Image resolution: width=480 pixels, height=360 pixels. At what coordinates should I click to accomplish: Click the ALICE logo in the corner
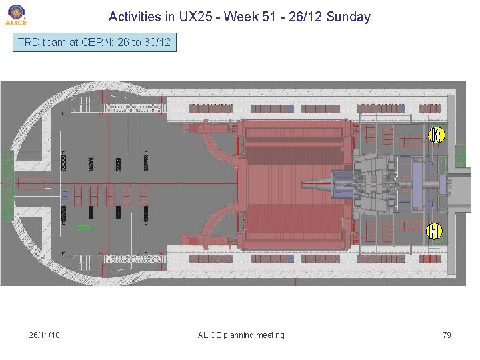16,15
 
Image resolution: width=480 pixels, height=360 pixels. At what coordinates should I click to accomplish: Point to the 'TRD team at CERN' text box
94,43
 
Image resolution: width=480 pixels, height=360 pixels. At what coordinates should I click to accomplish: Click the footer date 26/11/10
45,335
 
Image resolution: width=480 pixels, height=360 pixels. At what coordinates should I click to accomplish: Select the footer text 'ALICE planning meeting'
241,335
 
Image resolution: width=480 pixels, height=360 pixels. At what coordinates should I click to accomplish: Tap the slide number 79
447,335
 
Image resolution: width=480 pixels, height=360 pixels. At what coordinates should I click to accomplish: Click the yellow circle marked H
434,231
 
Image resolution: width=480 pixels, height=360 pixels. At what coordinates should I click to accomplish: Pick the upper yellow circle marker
435,135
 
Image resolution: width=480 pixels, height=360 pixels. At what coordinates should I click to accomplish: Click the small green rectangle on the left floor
83,227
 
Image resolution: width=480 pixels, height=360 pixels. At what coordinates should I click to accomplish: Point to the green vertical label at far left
7,186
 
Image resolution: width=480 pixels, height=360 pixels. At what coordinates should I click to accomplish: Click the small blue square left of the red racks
65,195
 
